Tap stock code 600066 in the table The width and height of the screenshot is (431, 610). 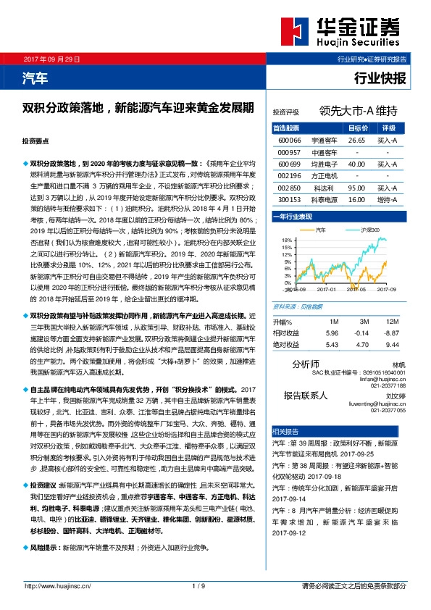[289, 139]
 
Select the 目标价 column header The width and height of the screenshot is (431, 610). [358, 128]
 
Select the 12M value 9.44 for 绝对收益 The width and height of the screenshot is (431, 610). [392, 345]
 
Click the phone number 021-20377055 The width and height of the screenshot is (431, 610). [386, 410]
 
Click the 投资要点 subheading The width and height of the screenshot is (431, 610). [35, 142]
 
